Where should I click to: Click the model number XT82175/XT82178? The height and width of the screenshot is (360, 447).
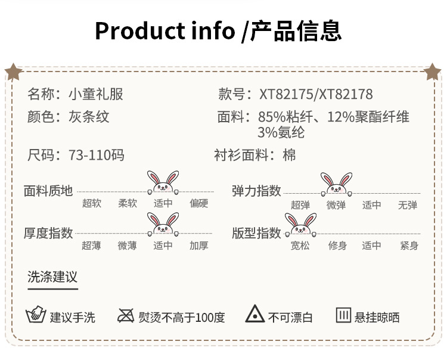pos(316,94)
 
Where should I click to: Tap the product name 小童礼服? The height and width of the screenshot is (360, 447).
pos(95,94)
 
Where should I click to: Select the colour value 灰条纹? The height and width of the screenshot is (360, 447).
pos(88,116)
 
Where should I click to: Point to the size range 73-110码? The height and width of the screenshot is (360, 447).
pos(95,156)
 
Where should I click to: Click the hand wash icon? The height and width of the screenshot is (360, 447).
pos(35,315)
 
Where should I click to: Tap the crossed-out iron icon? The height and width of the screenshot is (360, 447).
pos(125,315)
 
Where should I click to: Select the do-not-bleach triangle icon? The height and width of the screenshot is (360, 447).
pos(255,315)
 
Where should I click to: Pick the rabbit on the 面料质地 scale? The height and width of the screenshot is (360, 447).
pos(163,183)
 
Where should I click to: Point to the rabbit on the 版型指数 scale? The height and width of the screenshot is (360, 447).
pos(300,224)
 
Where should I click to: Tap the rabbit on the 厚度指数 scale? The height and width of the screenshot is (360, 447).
pos(163,224)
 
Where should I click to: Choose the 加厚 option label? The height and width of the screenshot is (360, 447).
pos(199,246)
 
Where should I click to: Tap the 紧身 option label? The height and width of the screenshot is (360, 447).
pos(409,246)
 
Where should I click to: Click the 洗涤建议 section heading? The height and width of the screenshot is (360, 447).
pos(52,277)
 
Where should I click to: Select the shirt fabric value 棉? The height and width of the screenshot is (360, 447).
pos(289,156)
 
